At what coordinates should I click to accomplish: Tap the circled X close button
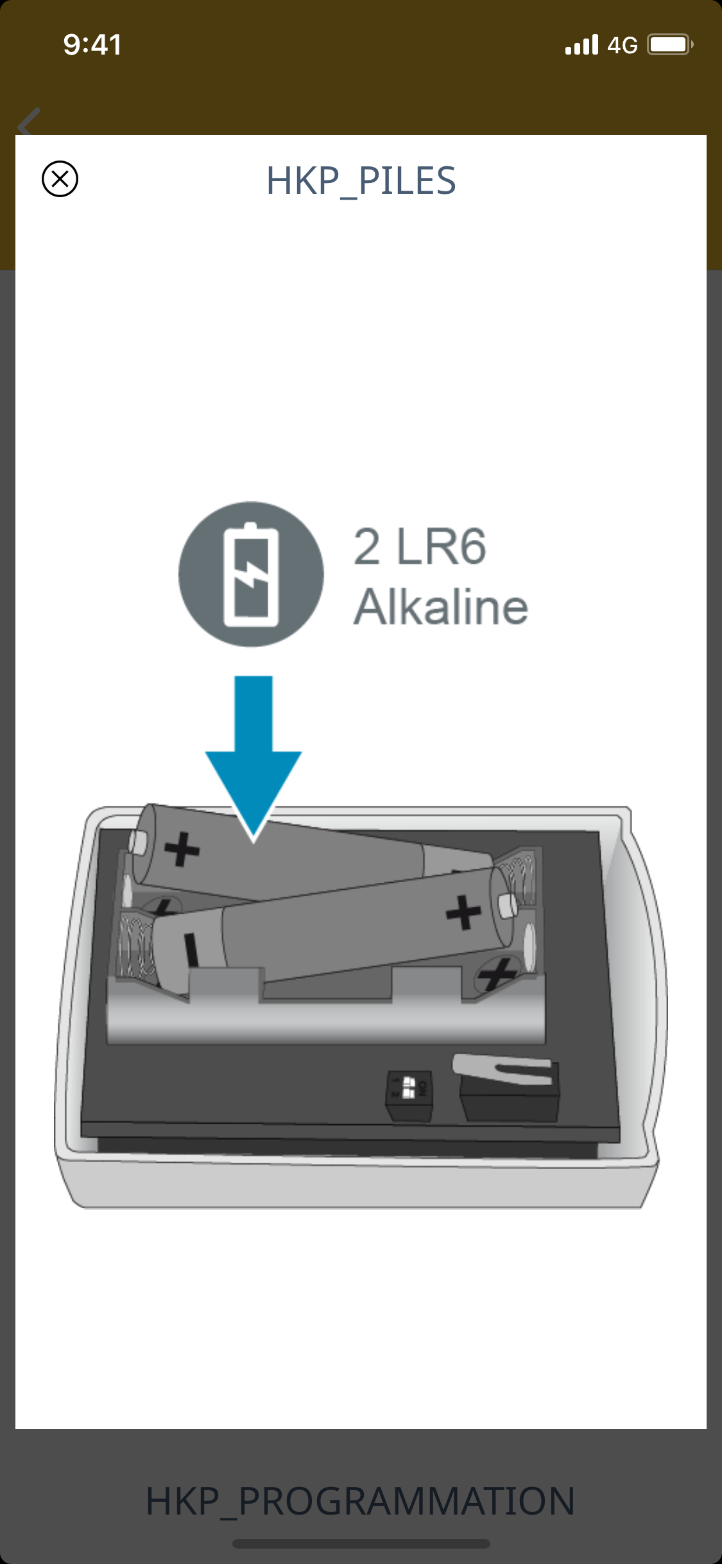click(x=60, y=178)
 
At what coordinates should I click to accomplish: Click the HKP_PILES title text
click(x=361, y=181)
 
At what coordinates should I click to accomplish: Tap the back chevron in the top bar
click(x=29, y=122)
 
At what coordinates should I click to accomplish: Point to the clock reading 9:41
click(x=92, y=45)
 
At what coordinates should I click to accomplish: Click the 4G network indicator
click(x=622, y=46)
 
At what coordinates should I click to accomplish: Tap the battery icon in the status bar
click(x=669, y=45)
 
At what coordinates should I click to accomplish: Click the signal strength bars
click(x=581, y=45)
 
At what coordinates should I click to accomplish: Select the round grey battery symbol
click(x=251, y=574)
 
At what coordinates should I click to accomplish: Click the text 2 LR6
click(x=420, y=547)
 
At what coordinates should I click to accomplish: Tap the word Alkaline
click(x=441, y=607)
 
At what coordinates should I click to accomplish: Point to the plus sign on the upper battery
click(x=182, y=849)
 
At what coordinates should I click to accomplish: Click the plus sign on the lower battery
click(x=463, y=912)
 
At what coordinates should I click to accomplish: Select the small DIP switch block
click(x=409, y=1095)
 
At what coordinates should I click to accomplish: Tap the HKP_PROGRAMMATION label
click(x=361, y=1501)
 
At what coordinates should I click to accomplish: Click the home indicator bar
click(x=361, y=1543)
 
